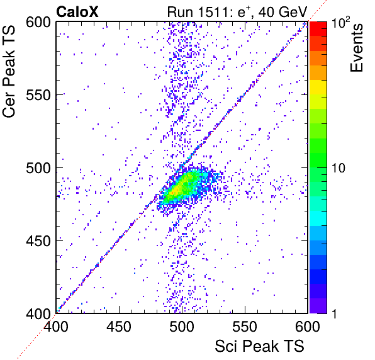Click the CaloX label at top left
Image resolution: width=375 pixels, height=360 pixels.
[77, 12]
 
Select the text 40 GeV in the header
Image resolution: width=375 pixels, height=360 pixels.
[283, 12]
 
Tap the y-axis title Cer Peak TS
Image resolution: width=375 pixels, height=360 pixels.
[9, 71]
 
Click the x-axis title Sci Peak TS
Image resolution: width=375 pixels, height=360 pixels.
[259, 346]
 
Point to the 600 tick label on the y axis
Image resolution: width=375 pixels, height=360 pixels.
[38, 23]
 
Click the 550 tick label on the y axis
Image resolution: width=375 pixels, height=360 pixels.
[38, 95]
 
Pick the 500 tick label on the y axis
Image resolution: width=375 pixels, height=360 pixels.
[38, 168]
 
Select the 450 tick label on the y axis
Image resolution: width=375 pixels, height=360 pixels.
[38, 241]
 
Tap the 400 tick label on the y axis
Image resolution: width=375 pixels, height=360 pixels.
[38, 313]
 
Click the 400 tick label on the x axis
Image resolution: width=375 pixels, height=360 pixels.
[56, 327]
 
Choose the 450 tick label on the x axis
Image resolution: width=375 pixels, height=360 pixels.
[119, 327]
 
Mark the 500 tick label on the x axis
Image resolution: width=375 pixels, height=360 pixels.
[182, 327]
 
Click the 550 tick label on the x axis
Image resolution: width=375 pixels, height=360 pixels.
[245, 327]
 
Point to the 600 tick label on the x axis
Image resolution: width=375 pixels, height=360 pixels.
[308, 327]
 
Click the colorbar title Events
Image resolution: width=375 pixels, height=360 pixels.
[357, 48]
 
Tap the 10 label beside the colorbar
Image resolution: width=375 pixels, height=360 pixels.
[339, 168]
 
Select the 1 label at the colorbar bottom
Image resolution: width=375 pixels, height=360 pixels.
[335, 313]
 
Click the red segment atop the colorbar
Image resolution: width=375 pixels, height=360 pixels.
[318, 29]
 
